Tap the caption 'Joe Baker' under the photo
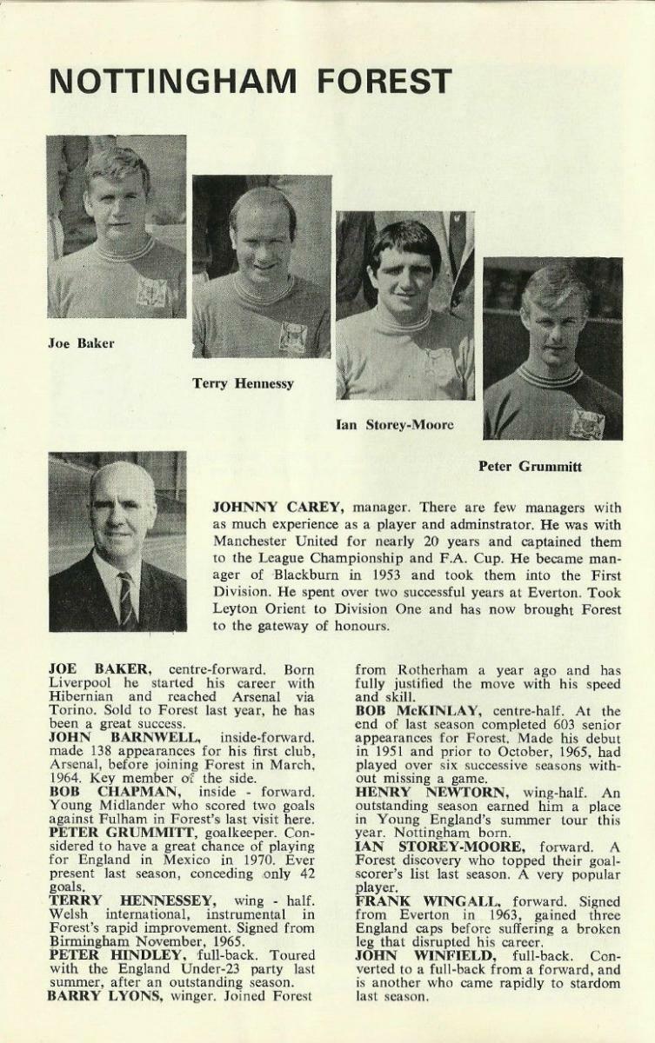pos(81,343)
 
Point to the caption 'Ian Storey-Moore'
pos(394,425)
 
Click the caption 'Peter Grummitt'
pos(530,467)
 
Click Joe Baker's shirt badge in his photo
pos(151,293)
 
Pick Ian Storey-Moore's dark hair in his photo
pos(405,239)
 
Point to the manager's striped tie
pos(127,599)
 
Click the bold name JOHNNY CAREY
pos(266,507)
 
